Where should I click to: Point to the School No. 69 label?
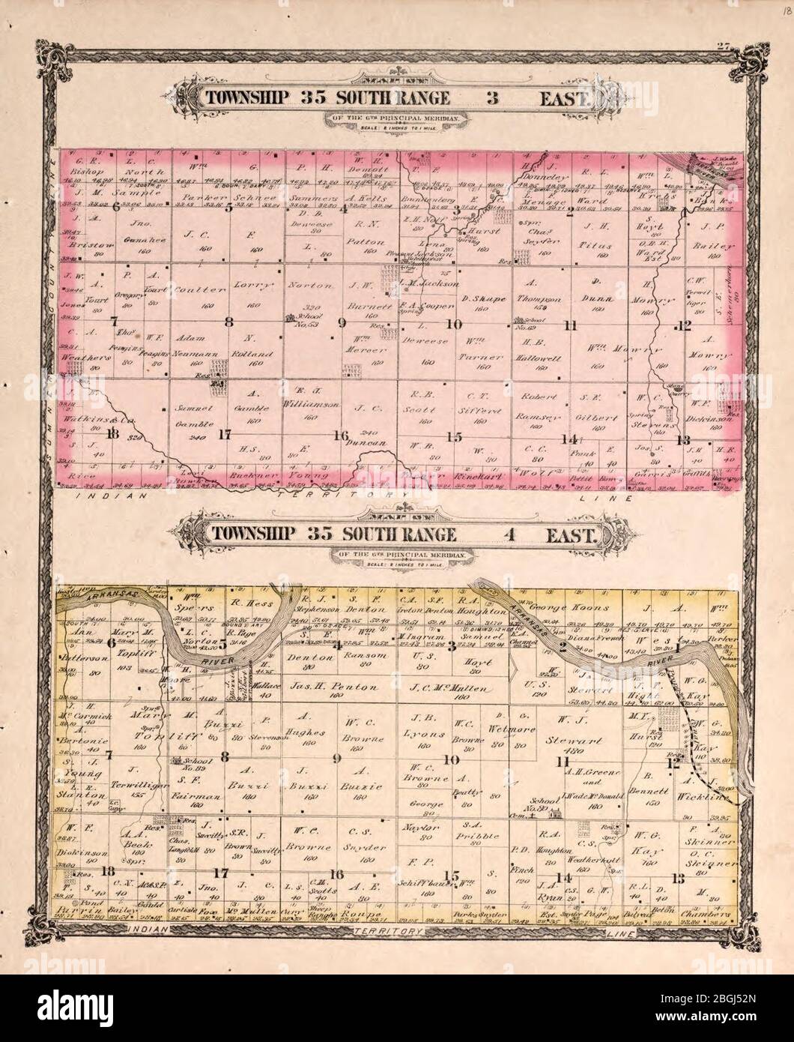533,324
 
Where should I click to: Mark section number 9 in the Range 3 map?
342,324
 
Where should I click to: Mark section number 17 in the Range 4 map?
220,873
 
